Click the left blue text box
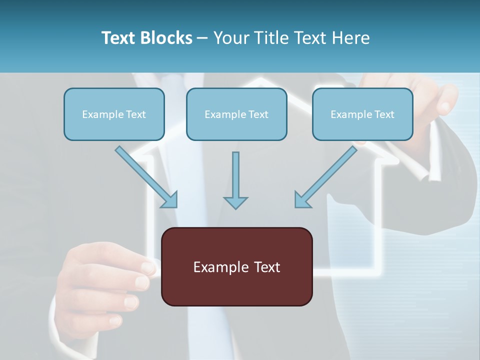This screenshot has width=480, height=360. [114, 114]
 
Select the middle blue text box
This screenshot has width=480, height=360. [236, 114]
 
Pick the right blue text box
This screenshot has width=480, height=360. [362, 114]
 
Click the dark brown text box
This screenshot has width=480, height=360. [236, 266]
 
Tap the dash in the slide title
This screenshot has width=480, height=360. [202, 38]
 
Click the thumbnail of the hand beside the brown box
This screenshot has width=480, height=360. [148, 267]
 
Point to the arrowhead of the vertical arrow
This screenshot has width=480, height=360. [235, 202]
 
